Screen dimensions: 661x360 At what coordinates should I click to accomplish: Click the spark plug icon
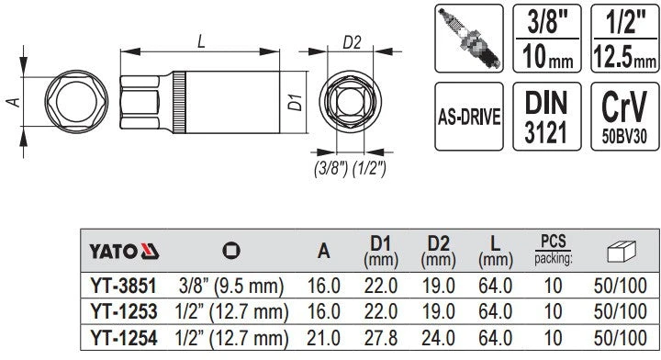(469, 39)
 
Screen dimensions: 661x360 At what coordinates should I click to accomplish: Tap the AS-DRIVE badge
(469, 117)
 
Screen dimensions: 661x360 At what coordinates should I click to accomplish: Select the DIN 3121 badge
(547, 117)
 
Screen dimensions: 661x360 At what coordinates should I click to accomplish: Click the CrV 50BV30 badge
(625, 117)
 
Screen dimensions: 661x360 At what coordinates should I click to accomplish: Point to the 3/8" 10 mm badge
(547, 39)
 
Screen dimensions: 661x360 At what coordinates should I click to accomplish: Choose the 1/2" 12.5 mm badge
(625, 39)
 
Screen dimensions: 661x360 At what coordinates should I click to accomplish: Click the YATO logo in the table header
(124, 252)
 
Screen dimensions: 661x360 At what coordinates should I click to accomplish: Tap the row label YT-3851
(123, 287)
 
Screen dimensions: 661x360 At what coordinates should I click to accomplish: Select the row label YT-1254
(124, 338)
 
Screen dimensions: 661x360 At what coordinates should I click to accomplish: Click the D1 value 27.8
(381, 338)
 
